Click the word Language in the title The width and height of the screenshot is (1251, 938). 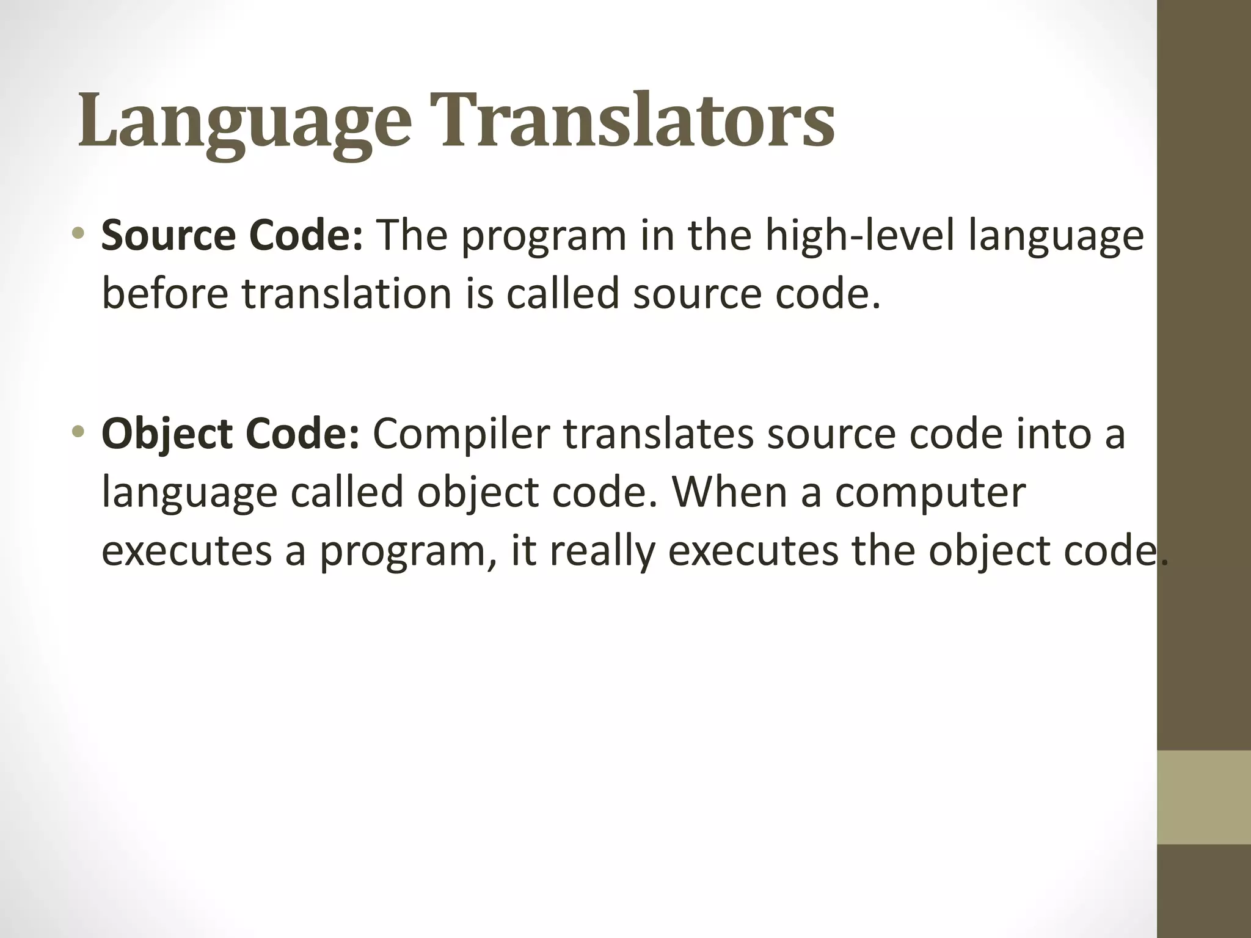pyautogui.click(x=244, y=120)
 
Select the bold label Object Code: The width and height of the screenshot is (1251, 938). pyautogui.click(x=231, y=434)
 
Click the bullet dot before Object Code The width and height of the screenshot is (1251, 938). pyautogui.click(x=78, y=431)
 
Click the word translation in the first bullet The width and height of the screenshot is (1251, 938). pyautogui.click(x=346, y=294)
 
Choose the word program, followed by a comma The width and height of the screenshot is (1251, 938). pyautogui.click(x=408, y=551)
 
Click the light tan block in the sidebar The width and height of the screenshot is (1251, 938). pyautogui.click(x=1203, y=797)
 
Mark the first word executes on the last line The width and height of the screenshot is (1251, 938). pyautogui.click(x=186, y=551)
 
